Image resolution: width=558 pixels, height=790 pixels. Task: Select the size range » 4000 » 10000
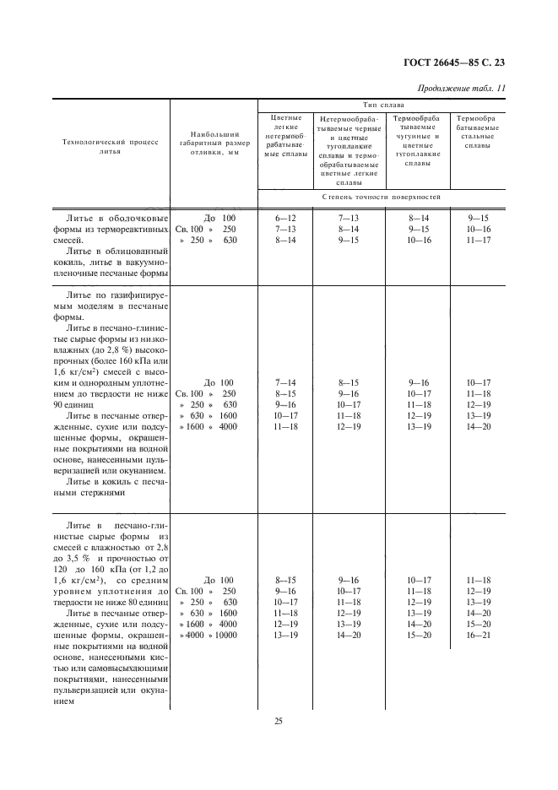pos(206,635)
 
